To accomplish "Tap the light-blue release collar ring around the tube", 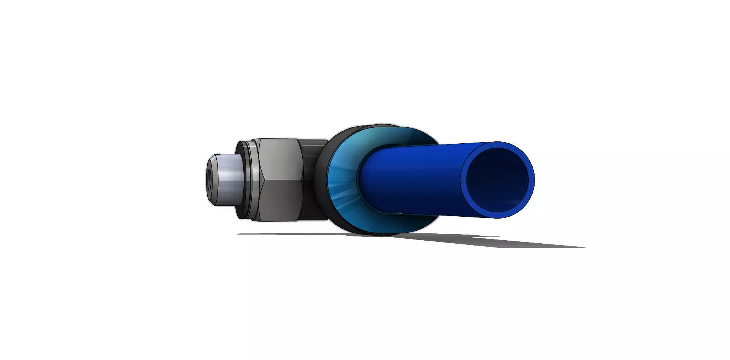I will [340, 179].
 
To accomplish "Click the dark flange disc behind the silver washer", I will [242, 179].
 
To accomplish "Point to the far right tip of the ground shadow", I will [584, 247].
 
